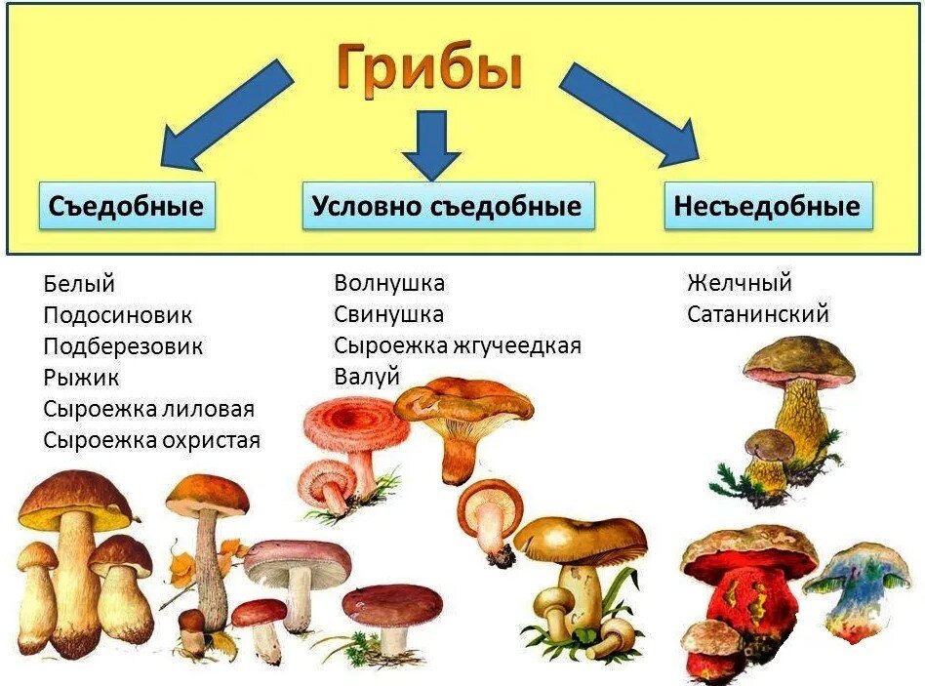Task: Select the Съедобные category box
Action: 126,206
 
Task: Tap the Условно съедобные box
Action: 447,206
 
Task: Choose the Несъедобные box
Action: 767,206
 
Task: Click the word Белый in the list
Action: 79,284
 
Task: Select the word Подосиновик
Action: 117,315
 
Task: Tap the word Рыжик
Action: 81,378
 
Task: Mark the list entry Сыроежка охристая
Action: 151,440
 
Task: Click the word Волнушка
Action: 389,283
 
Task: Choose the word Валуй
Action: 367,377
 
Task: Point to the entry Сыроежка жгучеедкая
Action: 457,345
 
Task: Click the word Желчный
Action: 739,283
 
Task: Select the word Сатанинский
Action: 757,314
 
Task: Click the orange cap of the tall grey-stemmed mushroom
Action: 206,494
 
